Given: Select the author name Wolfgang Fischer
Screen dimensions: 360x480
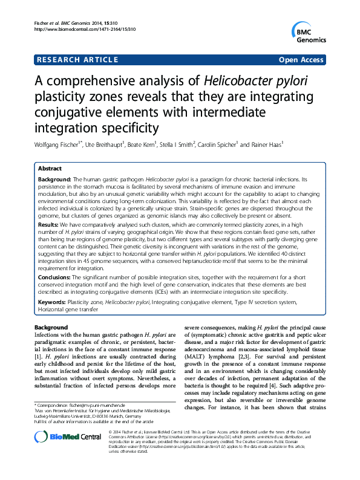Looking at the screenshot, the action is pyautogui.click(x=53, y=145).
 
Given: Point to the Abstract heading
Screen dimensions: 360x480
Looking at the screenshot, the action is pyautogui.click(x=50, y=169).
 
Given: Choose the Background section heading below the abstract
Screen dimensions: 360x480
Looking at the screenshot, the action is pyautogui.click(x=51, y=327).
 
